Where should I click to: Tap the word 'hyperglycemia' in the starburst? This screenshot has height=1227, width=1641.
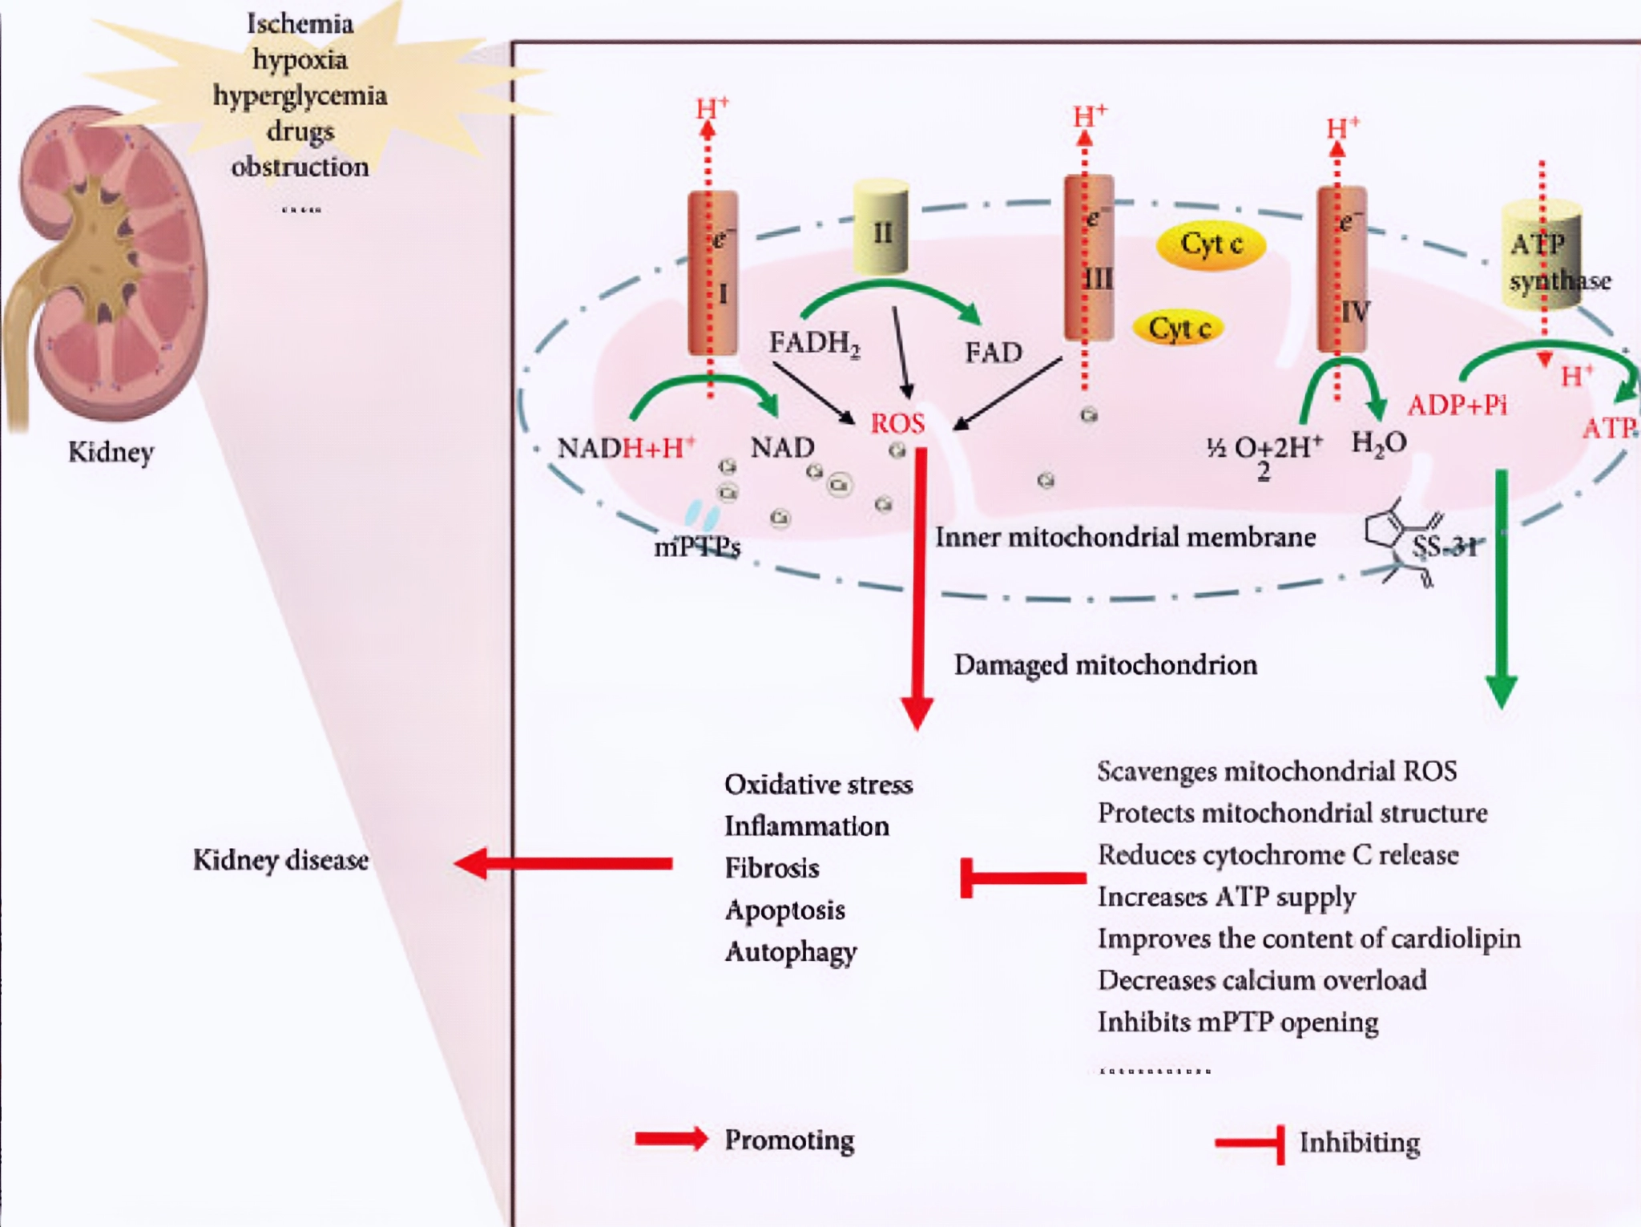pyautogui.click(x=300, y=95)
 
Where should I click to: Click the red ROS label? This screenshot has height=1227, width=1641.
pyautogui.click(x=897, y=423)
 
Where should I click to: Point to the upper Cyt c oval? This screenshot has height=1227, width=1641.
pyautogui.click(x=1211, y=244)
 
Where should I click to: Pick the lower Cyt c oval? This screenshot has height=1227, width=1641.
pyautogui.click(x=1179, y=328)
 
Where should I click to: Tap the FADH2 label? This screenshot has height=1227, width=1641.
pyautogui.click(x=814, y=343)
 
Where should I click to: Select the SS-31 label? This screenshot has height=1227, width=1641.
pyautogui.click(x=1443, y=547)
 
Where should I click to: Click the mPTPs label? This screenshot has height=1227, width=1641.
pyautogui.click(x=697, y=547)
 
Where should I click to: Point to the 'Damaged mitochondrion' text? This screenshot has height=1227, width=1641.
pyautogui.click(x=1105, y=664)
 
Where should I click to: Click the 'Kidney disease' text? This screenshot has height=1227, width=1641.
pyautogui.click(x=280, y=860)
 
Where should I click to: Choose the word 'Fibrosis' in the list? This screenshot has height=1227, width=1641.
pyautogui.click(x=772, y=868)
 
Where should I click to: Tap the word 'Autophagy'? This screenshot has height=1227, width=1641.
pyautogui.click(x=791, y=952)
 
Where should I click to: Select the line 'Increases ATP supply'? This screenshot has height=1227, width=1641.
pyautogui.click(x=1226, y=897)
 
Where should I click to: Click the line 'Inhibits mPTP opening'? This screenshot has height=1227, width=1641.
pyautogui.click(x=1237, y=1023)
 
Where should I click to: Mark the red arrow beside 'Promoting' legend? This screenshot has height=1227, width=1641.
pyautogui.click(x=671, y=1139)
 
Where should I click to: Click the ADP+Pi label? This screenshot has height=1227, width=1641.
pyautogui.click(x=1457, y=406)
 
